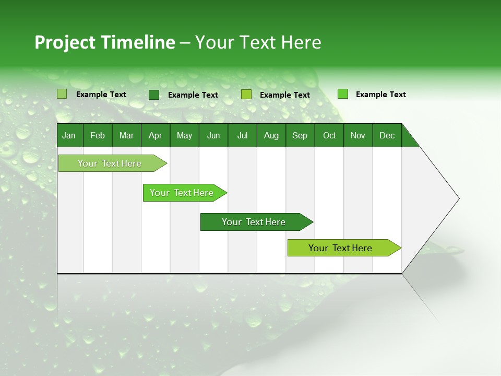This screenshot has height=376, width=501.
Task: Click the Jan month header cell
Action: pyautogui.click(x=69, y=135)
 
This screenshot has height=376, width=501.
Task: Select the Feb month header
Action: pyautogui.click(x=98, y=135)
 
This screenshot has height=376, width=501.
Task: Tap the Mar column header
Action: pyautogui.click(x=126, y=135)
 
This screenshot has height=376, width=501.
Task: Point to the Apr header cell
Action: pyautogui.click(x=156, y=135)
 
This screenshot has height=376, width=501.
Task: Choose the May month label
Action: pyautogui.click(x=184, y=135)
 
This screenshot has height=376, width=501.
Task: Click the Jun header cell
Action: pyautogui.click(x=213, y=135)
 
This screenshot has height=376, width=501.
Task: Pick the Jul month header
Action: pyautogui.click(x=242, y=135)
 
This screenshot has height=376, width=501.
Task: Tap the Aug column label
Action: pyautogui.click(x=271, y=135)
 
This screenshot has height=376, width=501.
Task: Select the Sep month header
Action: pyautogui.click(x=300, y=135)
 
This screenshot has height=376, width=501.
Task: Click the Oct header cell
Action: pyautogui.click(x=329, y=135)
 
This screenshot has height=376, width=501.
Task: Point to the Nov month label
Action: pyautogui.click(x=358, y=135)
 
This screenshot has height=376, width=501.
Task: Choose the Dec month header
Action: pyautogui.click(x=387, y=135)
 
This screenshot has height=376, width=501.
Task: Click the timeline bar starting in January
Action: pyautogui.click(x=110, y=163)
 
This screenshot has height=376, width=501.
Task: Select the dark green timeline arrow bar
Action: pyautogui.click(x=254, y=222)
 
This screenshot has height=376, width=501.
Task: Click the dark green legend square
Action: pyautogui.click(x=154, y=95)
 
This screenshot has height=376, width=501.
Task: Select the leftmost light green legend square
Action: pyautogui.click(x=62, y=94)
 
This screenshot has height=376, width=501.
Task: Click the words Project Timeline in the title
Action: pyautogui.click(x=105, y=42)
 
